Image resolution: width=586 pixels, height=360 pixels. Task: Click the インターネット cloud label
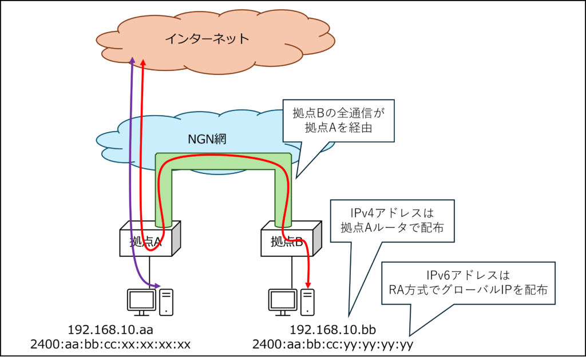click(207, 39)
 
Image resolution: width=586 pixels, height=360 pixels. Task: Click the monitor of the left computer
click(141, 300)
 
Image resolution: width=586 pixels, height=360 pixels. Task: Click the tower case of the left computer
click(167, 301)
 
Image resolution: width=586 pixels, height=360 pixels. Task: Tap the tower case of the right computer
click(308, 301)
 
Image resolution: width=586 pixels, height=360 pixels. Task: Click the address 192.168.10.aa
click(110, 330)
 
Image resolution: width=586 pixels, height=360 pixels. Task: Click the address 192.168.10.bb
click(332, 330)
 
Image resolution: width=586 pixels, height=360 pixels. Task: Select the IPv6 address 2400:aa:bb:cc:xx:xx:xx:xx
click(110, 345)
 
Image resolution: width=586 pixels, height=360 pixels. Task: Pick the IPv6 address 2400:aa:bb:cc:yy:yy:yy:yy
click(332, 345)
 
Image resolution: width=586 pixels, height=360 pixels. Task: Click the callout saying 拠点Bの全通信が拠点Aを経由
click(339, 121)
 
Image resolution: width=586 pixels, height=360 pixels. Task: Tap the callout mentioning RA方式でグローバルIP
click(469, 283)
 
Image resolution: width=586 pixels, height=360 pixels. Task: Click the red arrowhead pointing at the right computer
click(309, 283)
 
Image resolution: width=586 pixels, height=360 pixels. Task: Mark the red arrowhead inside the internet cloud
click(143, 61)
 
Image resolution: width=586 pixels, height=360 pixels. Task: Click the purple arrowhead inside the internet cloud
click(132, 61)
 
